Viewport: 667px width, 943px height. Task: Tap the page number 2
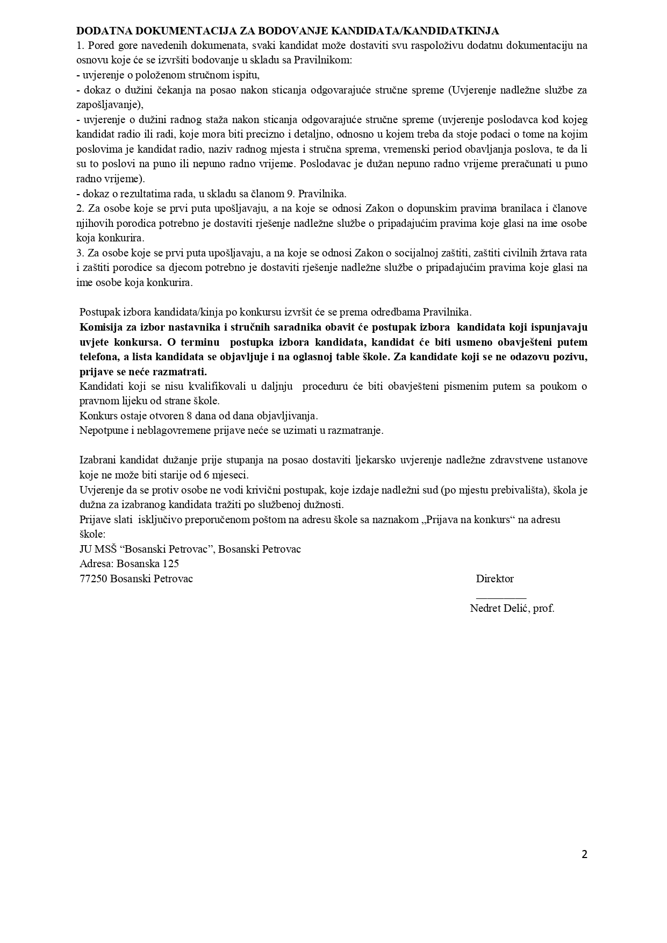584,854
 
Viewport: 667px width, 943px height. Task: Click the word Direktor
494,579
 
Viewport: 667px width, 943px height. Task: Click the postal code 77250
94,579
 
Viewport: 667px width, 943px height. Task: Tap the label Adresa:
97,564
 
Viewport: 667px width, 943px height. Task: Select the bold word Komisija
101,327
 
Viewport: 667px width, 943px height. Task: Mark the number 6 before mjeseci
206,475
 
